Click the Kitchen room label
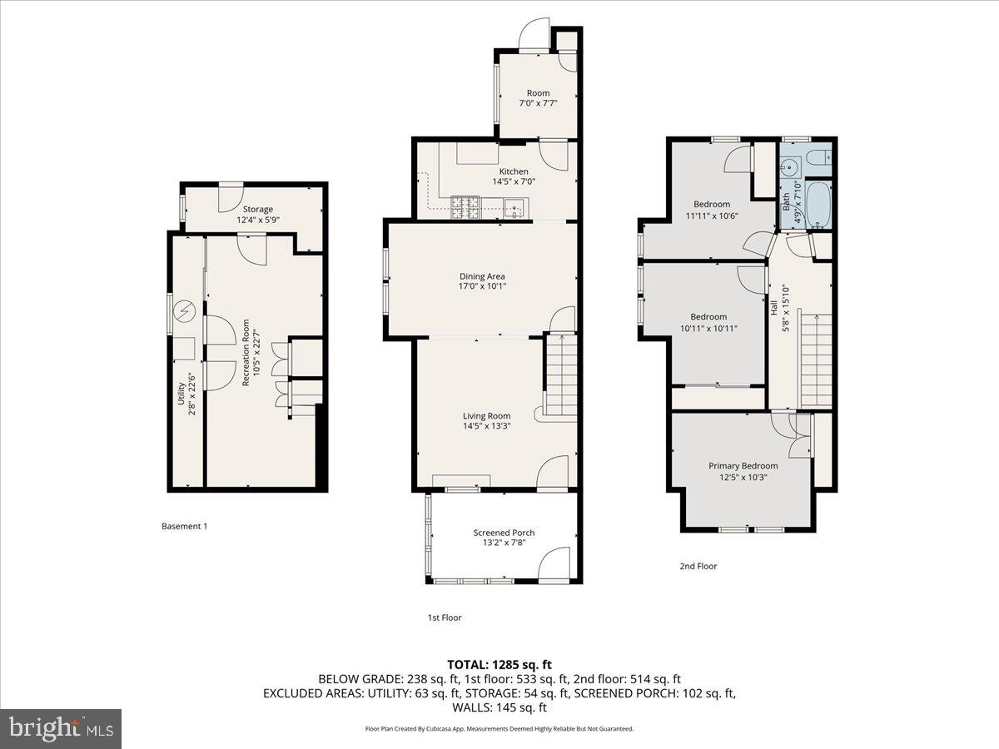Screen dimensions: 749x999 (514, 171)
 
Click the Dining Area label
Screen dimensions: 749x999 (483, 276)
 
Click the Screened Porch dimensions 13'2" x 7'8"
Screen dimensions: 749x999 (504, 543)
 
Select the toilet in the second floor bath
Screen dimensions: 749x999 (818, 157)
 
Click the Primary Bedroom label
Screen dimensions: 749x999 (743, 466)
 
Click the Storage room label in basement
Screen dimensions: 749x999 (257, 209)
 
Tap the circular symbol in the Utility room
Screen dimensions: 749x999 (184, 312)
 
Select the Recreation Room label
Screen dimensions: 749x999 (246, 353)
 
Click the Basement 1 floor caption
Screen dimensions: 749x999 (183, 526)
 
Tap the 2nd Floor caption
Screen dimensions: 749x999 (697, 566)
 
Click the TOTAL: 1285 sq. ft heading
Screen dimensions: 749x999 (499, 664)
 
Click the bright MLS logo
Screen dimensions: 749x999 (61, 728)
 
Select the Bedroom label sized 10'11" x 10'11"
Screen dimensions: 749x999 (708, 316)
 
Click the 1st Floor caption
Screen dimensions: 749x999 (444, 618)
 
